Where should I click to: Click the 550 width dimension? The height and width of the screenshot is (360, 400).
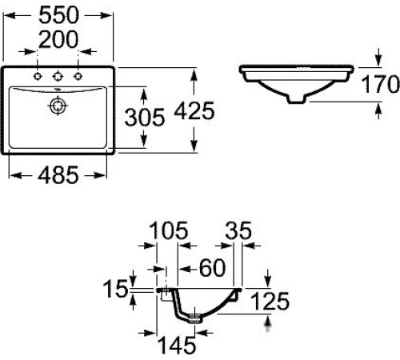pyautogui.click(x=58, y=15)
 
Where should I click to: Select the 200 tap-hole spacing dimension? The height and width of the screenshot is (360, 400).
pyautogui.click(x=58, y=39)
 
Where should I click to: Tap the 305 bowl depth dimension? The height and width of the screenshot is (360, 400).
pyautogui.click(x=145, y=117)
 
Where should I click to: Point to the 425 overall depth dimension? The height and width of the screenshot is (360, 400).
pyautogui.click(x=194, y=110)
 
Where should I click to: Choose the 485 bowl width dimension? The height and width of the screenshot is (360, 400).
pyautogui.click(x=58, y=175)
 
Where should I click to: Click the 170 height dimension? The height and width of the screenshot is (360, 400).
pyautogui.click(x=381, y=84)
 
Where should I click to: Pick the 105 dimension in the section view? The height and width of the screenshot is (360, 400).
pyautogui.click(x=169, y=230)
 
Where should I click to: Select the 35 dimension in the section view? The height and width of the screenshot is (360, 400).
pyautogui.click(x=238, y=230)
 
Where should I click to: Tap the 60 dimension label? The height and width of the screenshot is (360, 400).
pyautogui.click(x=213, y=268)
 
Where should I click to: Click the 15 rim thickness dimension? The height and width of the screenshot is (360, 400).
pyautogui.click(x=115, y=289)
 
